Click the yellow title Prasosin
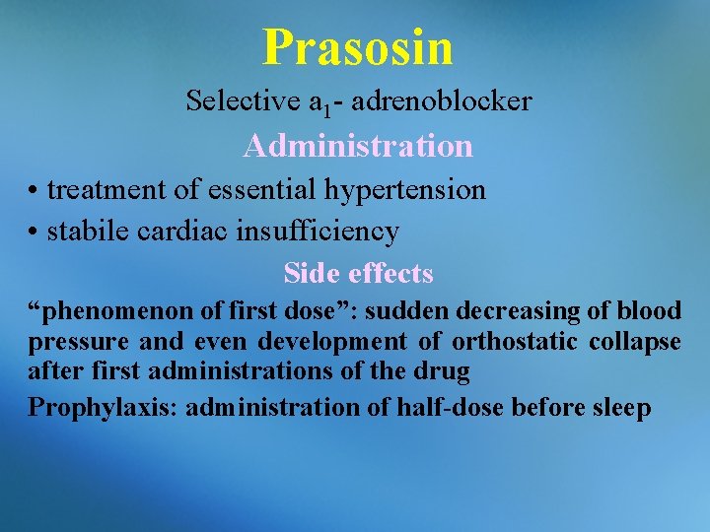click(x=358, y=46)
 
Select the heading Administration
click(x=358, y=146)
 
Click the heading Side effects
click(x=358, y=273)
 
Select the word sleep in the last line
click(x=620, y=407)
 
